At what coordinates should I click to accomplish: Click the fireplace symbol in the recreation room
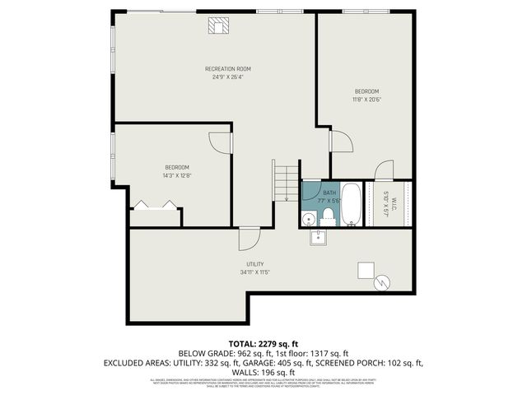[x=218, y=26]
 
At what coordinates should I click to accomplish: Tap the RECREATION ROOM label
[x=228, y=68]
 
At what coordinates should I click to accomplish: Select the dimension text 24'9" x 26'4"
[x=228, y=77]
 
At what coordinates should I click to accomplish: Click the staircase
[x=286, y=182]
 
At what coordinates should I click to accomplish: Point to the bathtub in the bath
[x=351, y=204]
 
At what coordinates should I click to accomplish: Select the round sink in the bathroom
[x=307, y=218]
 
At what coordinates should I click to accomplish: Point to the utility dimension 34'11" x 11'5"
[x=255, y=272]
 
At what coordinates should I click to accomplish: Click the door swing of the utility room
[x=248, y=239]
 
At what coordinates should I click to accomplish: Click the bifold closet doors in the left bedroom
[x=155, y=206]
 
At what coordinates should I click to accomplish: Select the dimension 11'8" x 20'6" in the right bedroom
[x=366, y=99]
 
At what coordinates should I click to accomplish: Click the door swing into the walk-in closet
[x=384, y=171]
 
